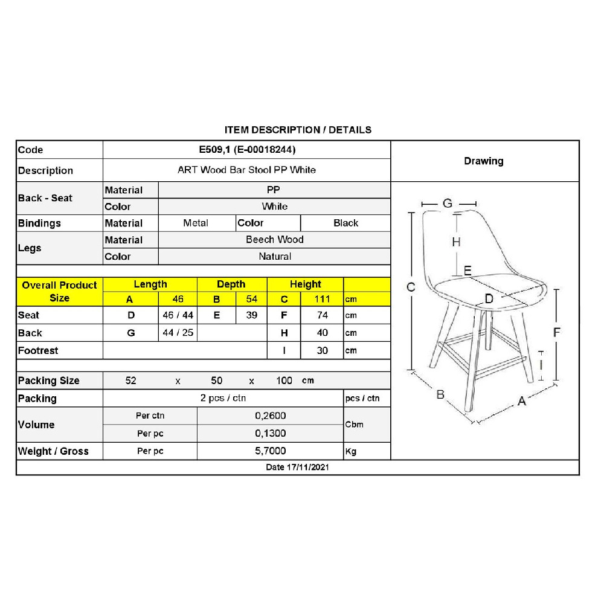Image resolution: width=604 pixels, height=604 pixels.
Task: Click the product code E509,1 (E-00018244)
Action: pyautogui.click(x=246, y=150)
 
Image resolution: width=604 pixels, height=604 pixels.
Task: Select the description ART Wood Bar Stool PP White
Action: pyautogui.click(x=246, y=170)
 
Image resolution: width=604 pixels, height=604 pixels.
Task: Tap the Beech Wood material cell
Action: pyautogui.click(x=274, y=240)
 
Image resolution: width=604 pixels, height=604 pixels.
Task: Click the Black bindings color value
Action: pyautogui.click(x=345, y=223)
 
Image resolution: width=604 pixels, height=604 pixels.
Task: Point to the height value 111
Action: pyautogui.click(x=322, y=299)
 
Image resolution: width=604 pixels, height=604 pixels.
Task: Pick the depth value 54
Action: pyautogui.click(x=252, y=299)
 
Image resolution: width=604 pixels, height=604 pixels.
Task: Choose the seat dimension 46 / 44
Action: pyautogui.click(x=178, y=315)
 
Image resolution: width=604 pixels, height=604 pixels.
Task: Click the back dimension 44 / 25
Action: pyautogui.click(x=178, y=333)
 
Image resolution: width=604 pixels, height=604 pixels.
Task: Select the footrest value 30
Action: pyautogui.click(x=322, y=350)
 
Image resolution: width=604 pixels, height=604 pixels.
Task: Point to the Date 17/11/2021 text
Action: pyautogui.click(x=297, y=467)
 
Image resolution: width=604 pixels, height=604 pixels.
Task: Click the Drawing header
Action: pyautogui.click(x=483, y=161)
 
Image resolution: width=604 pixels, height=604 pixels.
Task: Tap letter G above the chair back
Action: pyautogui.click(x=448, y=204)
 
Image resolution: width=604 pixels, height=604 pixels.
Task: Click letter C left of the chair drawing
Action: pyautogui.click(x=411, y=287)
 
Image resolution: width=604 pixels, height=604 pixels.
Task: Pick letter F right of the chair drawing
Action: pyautogui.click(x=557, y=332)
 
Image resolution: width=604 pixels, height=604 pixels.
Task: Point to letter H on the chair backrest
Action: pyautogui.click(x=456, y=242)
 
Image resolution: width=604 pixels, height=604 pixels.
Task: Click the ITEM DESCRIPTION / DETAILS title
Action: pyautogui.click(x=298, y=130)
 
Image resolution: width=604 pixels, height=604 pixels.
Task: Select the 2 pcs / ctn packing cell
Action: pyautogui.click(x=223, y=399)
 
